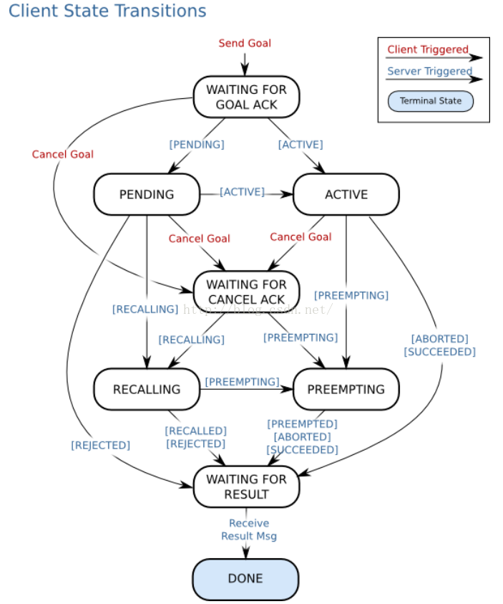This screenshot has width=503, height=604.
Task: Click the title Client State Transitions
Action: point(107,12)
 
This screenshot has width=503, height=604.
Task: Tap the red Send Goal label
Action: point(245,43)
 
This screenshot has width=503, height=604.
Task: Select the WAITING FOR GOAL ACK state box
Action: point(246,97)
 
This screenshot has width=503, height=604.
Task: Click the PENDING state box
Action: point(147,194)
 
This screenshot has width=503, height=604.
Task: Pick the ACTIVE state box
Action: point(346,194)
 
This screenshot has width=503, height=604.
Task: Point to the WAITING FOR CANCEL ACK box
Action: point(246,292)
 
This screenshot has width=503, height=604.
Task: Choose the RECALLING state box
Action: point(147,389)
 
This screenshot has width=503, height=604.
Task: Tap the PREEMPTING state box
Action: point(346,389)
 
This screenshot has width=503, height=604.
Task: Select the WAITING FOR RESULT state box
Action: point(246,486)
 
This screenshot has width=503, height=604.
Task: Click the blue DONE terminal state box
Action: point(245,578)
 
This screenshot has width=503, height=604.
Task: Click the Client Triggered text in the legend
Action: point(428,50)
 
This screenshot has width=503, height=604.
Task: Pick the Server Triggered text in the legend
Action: point(429,71)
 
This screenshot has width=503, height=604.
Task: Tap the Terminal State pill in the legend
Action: point(431,101)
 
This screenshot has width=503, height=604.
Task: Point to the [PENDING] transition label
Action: point(197,144)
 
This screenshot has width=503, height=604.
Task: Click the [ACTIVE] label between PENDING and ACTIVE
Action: point(242,192)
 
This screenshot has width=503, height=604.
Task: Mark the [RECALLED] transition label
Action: point(195,431)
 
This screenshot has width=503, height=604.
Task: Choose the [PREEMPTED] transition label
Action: point(302,423)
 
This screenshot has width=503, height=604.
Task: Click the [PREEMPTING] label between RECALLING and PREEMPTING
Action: point(242,382)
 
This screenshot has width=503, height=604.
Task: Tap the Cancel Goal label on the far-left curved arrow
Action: point(62,154)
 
